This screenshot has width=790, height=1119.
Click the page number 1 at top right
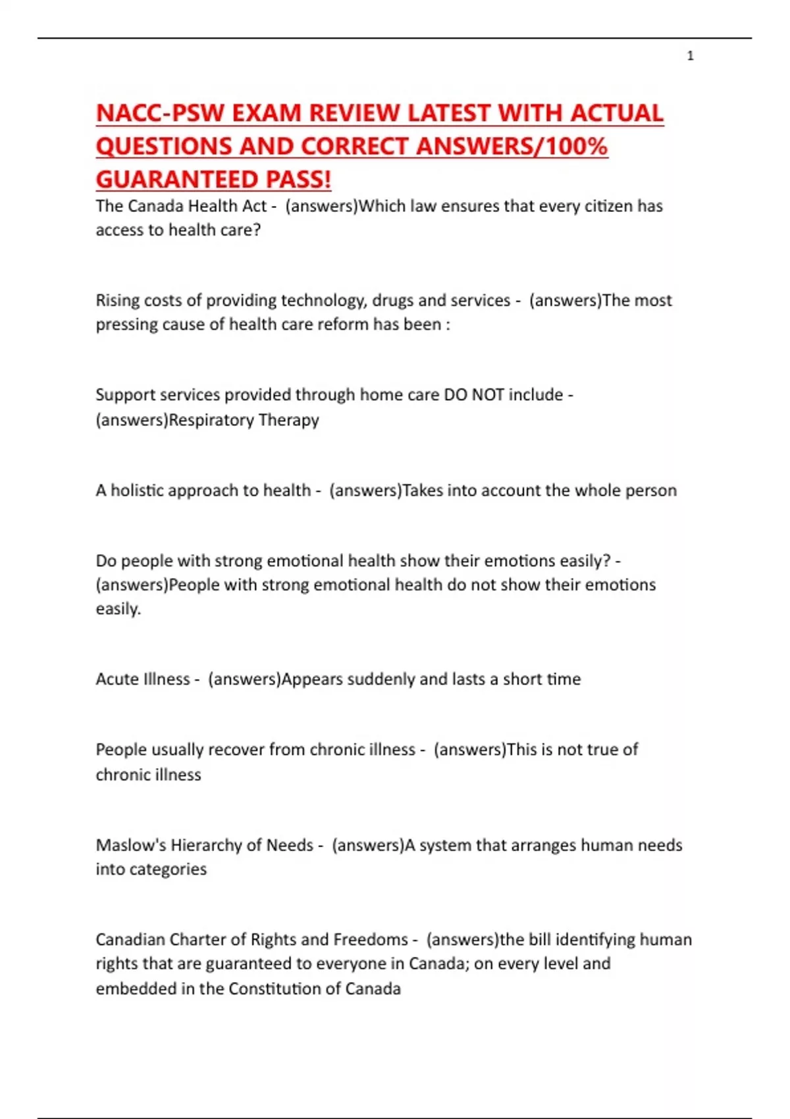click(690, 56)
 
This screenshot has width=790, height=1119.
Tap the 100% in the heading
click(579, 146)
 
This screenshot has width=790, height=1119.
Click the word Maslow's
click(130, 845)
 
